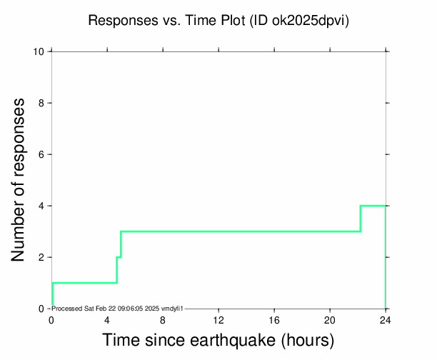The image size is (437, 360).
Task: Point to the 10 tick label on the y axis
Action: [40, 51]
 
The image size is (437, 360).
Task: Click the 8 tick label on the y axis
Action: [43, 103]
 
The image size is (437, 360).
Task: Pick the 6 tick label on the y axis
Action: [43, 154]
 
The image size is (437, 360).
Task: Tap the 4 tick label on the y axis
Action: [43, 206]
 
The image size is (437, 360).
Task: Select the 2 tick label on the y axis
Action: [43, 257]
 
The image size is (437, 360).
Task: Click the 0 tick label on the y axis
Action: [43, 309]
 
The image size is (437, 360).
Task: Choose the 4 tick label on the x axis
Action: [107, 319]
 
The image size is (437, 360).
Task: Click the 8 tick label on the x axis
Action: [163, 319]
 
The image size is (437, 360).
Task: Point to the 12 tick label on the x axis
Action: [218, 319]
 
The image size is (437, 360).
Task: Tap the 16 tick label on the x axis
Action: [274, 319]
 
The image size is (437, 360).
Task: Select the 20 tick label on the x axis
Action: [330, 319]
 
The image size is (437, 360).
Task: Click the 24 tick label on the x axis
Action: [386, 319]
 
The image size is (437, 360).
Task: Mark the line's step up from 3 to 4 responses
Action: [361, 219]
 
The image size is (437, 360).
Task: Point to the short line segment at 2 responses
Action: [119, 257]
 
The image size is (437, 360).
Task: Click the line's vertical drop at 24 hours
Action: [386, 257]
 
